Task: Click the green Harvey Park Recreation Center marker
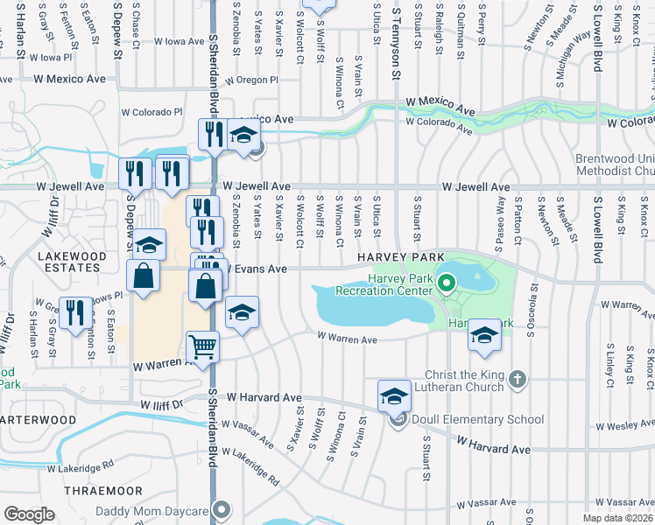(446, 283)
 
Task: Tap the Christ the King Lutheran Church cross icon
(518, 379)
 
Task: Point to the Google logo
(30, 514)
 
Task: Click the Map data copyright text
(618, 518)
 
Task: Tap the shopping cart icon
(202, 346)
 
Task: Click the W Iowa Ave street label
(179, 41)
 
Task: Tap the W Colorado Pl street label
(151, 112)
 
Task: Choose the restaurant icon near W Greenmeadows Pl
(73, 313)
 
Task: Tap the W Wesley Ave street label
(623, 425)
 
